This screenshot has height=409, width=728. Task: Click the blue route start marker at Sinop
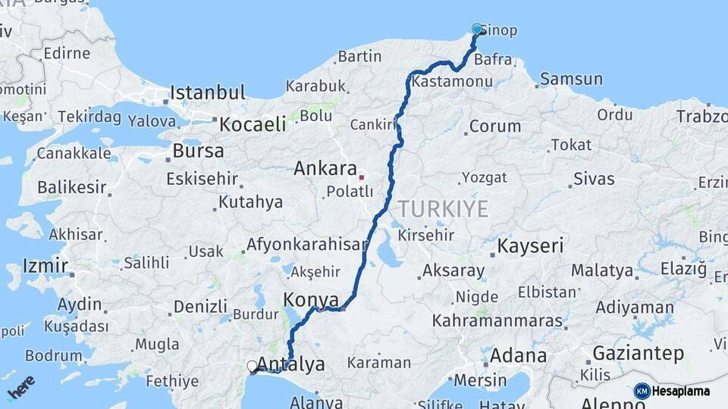click(x=477, y=30)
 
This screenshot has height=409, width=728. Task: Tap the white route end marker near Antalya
click(x=252, y=367)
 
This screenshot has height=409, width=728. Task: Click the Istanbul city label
click(x=207, y=93)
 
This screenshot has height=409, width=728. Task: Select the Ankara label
click(x=325, y=168)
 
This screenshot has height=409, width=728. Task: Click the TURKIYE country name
click(x=444, y=209)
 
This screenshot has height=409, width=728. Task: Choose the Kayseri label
click(x=531, y=245)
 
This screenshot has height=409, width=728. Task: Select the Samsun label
click(x=571, y=79)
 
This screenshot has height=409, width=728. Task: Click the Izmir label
click(x=45, y=266)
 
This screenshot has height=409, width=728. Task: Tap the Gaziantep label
click(x=638, y=354)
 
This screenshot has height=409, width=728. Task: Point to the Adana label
click(x=518, y=355)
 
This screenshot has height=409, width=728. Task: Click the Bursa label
click(x=198, y=151)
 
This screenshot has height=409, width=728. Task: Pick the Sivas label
click(x=594, y=179)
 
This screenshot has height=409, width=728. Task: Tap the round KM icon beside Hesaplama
click(x=642, y=391)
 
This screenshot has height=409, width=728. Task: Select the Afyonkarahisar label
click(x=306, y=245)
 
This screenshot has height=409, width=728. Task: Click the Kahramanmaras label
click(x=497, y=320)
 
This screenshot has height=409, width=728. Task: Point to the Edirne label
click(x=67, y=54)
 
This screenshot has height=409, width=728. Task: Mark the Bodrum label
click(x=53, y=355)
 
